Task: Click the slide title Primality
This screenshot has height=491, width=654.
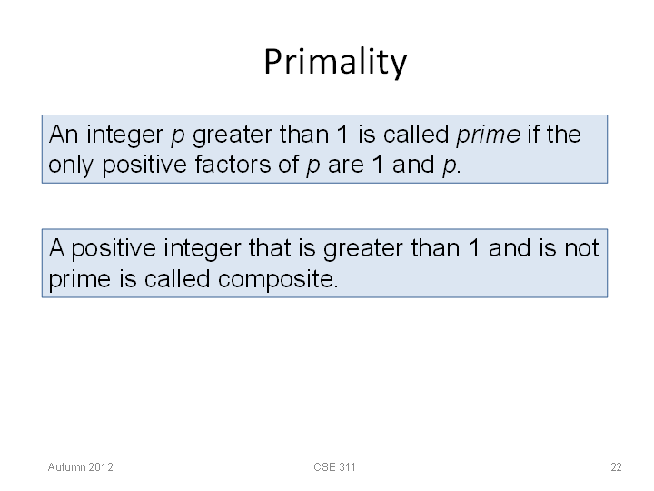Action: coord(335,62)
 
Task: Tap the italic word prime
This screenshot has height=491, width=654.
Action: coord(488,135)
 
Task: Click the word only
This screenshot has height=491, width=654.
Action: coord(71,165)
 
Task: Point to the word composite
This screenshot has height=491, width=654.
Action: coord(278,279)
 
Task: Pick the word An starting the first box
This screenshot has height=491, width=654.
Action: coord(64,135)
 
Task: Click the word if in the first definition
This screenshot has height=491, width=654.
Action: coord(533,134)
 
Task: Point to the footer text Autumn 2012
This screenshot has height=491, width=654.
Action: coord(81,467)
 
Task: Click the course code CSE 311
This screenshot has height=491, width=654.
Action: coord(334,467)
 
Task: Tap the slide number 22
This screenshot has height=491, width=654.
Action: coord(617,467)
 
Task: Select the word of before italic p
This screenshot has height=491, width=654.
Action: coord(289,164)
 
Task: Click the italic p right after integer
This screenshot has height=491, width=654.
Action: coord(178,136)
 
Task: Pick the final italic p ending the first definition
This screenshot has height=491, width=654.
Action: coord(450,166)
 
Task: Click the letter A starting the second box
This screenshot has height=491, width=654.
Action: coord(56,248)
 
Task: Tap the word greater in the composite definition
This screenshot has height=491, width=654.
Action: coord(363,250)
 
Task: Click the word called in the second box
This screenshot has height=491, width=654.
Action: coord(177,278)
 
